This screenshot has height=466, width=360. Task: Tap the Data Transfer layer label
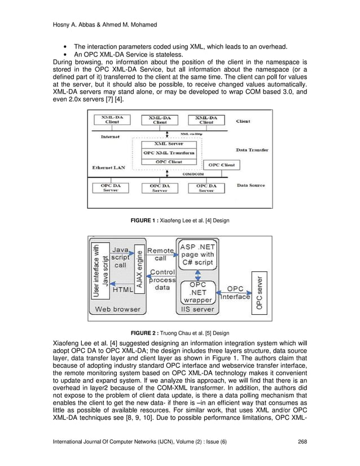252,150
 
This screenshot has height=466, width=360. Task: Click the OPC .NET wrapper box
197,292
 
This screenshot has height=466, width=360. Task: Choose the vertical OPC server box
260,292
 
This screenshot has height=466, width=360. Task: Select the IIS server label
195,309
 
